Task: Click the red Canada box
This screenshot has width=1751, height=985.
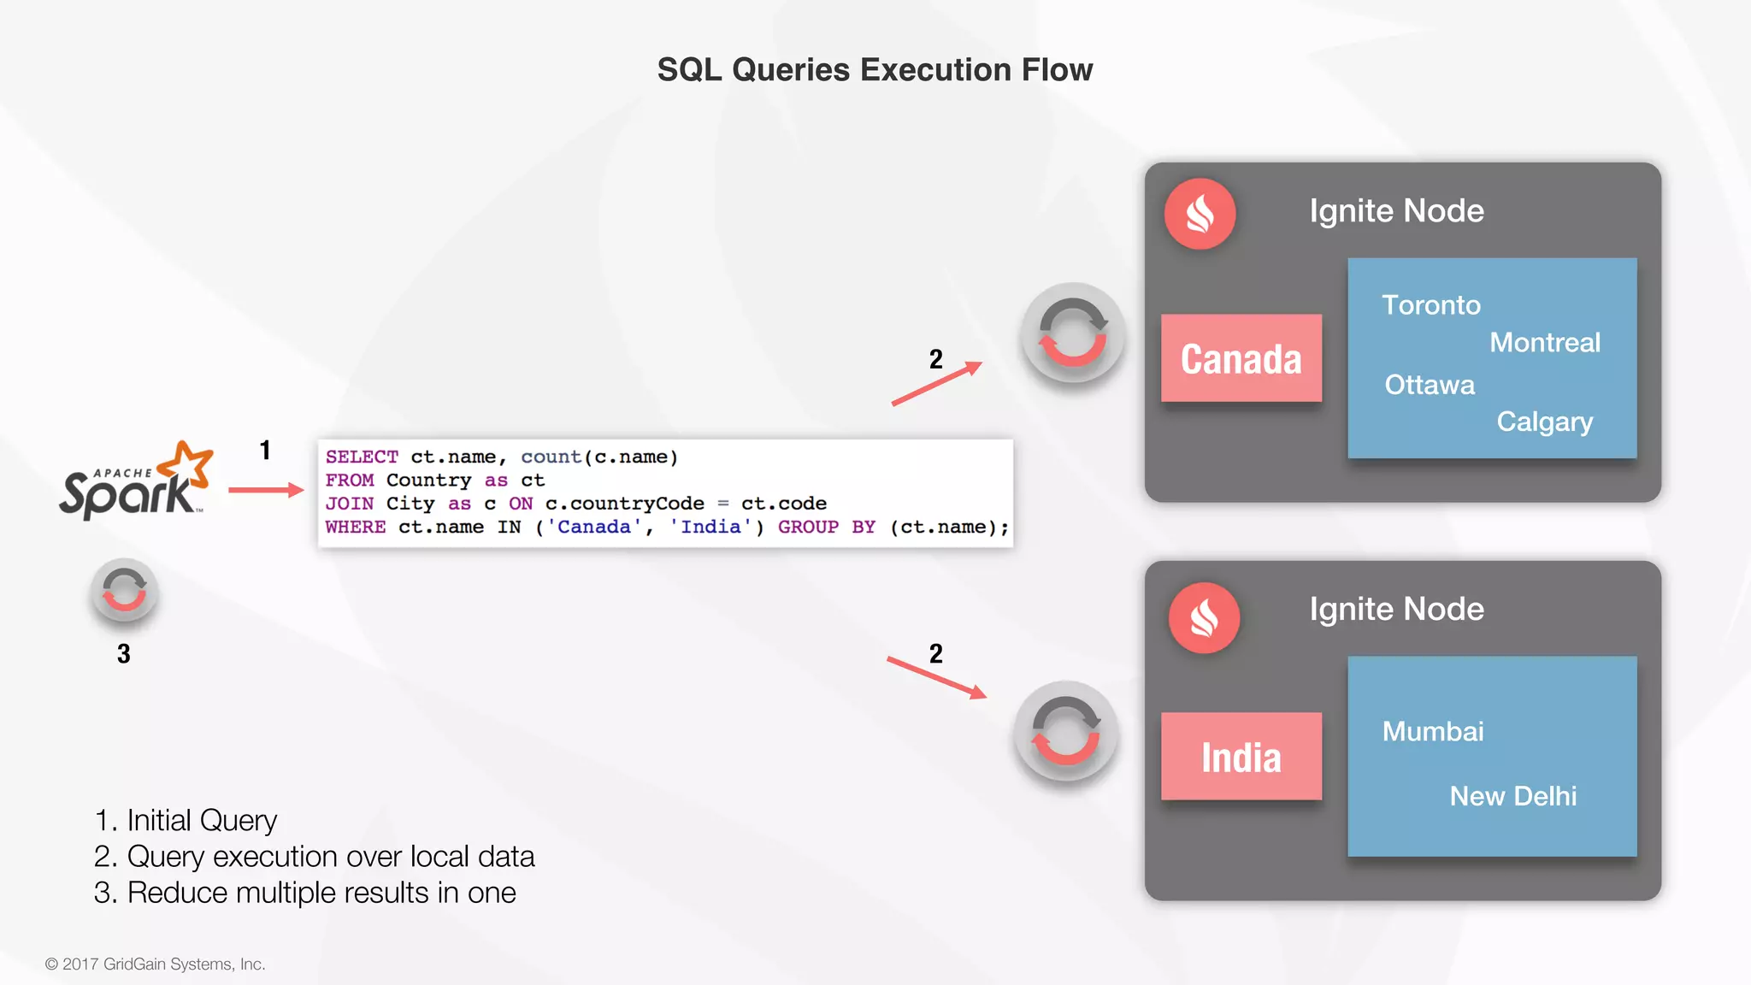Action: (x=1241, y=358)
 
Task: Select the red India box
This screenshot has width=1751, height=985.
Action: (x=1241, y=757)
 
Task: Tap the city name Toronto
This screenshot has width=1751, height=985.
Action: (x=1430, y=305)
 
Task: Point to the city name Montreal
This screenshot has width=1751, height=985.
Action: (x=1544, y=343)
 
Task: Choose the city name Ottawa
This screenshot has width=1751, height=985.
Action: (x=1430, y=385)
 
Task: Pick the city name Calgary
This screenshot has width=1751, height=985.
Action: (x=1544, y=422)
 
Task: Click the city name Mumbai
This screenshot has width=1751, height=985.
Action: (x=1432, y=732)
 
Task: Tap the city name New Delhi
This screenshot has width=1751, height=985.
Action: (x=1512, y=796)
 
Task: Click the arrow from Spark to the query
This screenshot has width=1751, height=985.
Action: (x=266, y=490)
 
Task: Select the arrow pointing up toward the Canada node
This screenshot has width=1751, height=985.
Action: (x=936, y=383)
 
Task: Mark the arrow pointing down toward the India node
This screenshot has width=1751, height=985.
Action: (x=936, y=678)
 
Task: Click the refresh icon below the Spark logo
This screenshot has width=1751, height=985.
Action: (x=124, y=591)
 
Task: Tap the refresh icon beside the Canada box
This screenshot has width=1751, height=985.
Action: (x=1072, y=333)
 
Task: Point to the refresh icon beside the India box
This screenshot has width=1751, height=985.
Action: (x=1065, y=732)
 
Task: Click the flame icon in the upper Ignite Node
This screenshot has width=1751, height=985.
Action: (x=1200, y=214)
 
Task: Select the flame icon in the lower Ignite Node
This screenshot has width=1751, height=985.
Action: (x=1204, y=618)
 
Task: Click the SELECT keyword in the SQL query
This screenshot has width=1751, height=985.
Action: (x=362, y=457)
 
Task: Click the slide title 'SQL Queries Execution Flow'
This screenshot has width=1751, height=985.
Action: (x=875, y=70)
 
